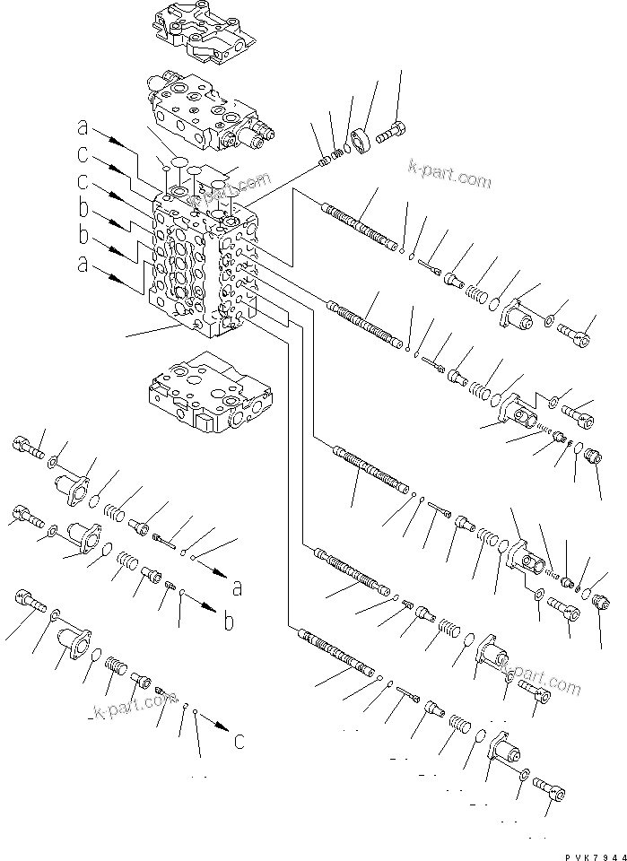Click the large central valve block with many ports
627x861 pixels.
click(201, 269)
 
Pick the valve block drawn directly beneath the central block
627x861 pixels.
click(206, 390)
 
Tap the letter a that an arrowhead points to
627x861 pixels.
click(237, 588)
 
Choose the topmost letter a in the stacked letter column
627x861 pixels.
click(82, 126)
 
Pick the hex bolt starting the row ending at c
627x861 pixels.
click(29, 602)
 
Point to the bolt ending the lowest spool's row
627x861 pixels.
click(550, 789)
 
